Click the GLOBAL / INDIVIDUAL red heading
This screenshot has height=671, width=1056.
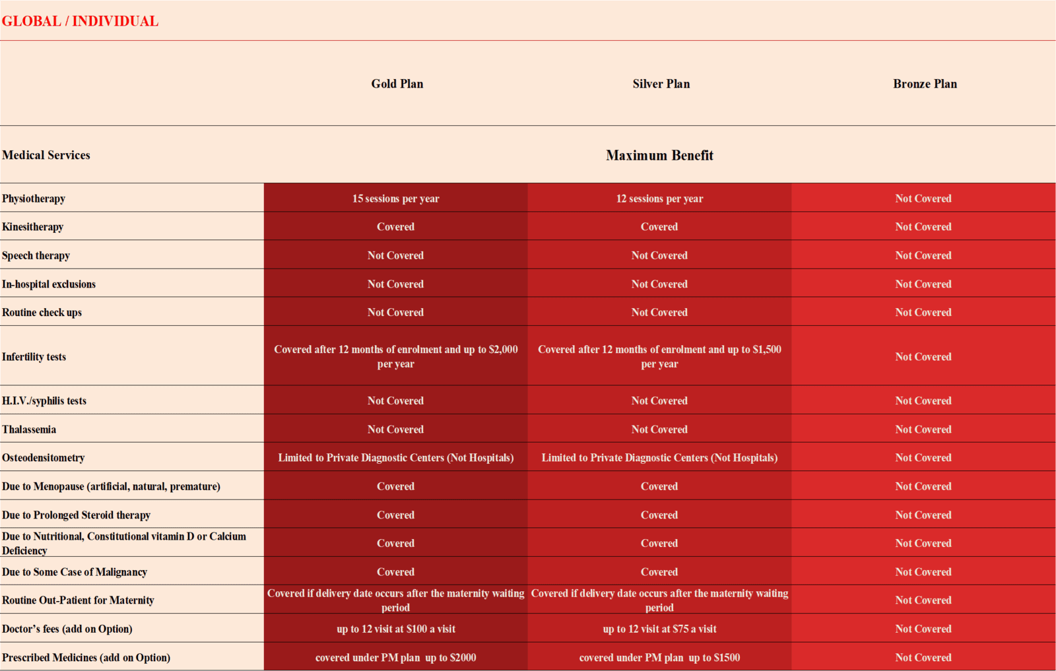pyautogui.click(x=80, y=21)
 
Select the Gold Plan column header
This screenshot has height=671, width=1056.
pyautogui.click(x=397, y=84)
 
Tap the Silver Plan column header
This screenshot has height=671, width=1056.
pyautogui.click(x=661, y=84)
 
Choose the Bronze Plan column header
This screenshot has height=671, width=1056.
pyautogui.click(x=925, y=84)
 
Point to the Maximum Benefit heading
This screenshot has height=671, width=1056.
pyautogui.click(x=659, y=155)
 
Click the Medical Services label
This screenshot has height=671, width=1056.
pyautogui.click(x=46, y=155)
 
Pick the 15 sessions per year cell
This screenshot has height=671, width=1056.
pyautogui.click(x=395, y=199)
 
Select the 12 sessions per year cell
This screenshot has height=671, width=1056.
pyautogui.click(x=659, y=199)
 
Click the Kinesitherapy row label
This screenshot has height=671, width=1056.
pyautogui.click(x=33, y=227)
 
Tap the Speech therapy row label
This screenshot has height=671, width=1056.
pyautogui.click(x=36, y=255)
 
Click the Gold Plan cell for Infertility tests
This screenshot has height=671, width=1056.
pyautogui.click(x=395, y=356)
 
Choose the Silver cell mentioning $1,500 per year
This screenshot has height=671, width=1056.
pyautogui.click(x=659, y=356)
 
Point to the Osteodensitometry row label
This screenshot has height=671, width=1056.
pyautogui.click(x=44, y=458)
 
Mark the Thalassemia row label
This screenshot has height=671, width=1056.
pyautogui.click(x=29, y=430)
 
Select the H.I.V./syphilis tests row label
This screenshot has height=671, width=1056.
pyautogui.click(x=44, y=400)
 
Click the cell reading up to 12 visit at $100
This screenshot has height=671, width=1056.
pyautogui.click(x=395, y=629)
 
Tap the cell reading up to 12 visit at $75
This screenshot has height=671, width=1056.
pyautogui.click(x=659, y=629)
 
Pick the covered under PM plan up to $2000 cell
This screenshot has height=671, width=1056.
pyautogui.click(x=395, y=657)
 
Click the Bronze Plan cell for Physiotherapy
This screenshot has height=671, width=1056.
pyautogui.click(x=923, y=199)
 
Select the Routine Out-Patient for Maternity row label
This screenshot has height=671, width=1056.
pyautogui.click(x=78, y=600)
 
